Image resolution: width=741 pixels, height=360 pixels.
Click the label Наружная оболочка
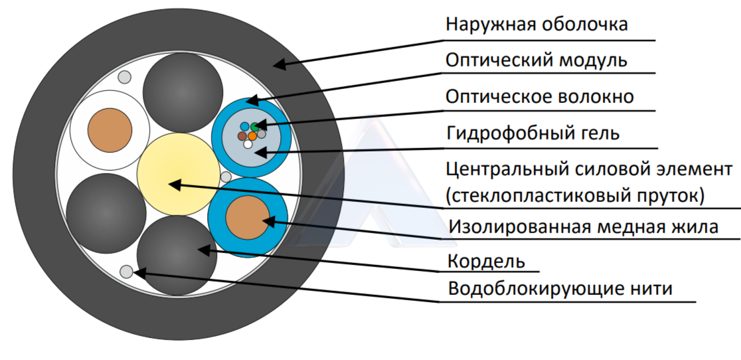click(x=536, y=24)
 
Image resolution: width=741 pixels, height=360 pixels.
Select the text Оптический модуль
click(x=536, y=60)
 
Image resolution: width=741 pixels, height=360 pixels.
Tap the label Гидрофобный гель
click(x=533, y=134)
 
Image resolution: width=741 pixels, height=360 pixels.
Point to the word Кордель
click(x=486, y=261)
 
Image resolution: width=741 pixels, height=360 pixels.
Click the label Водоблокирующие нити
click(x=560, y=288)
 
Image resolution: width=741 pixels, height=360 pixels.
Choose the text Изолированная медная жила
click(x=583, y=226)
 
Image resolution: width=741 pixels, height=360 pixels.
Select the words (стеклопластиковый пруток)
click(x=575, y=195)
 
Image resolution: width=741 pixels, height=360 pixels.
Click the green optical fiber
click(x=255, y=127)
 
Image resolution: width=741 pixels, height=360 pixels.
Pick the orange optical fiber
click(x=252, y=136)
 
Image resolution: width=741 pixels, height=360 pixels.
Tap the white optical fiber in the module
click(x=248, y=144)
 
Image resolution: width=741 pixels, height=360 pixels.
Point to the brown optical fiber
click(x=242, y=136)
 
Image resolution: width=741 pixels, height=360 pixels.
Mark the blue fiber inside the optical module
click(x=244, y=127)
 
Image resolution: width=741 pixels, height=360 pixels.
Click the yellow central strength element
click(x=178, y=174)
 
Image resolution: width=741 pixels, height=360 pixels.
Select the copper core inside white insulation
click(x=110, y=130)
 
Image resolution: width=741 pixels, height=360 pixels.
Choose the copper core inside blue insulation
click(x=248, y=218)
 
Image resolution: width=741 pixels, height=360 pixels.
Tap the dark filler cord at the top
click(x=183, y=92)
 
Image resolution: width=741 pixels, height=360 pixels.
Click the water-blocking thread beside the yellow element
click(x=226, y=177)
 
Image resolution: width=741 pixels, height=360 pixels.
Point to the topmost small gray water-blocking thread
click(x=124, y=77)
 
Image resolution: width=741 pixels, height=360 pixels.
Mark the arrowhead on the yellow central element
click(x=175, y=185)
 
